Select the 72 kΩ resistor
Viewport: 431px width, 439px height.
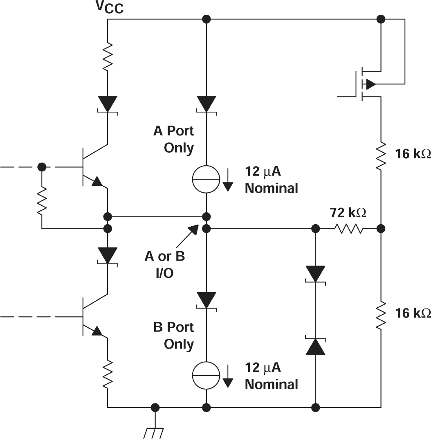click(348, 228)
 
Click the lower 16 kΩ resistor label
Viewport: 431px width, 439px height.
click(412, 313)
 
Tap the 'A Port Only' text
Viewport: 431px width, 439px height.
click(174, 140)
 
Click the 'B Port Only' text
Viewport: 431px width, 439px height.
click(174, 335)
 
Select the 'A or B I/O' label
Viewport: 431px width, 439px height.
click(164, 265)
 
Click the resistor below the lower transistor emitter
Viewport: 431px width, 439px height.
click(108, 376)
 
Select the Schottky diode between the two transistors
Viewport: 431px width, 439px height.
click(108, 256)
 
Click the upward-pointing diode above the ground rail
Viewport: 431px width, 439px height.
click(316, 346)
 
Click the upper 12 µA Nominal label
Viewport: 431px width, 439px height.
click(271, 180)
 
